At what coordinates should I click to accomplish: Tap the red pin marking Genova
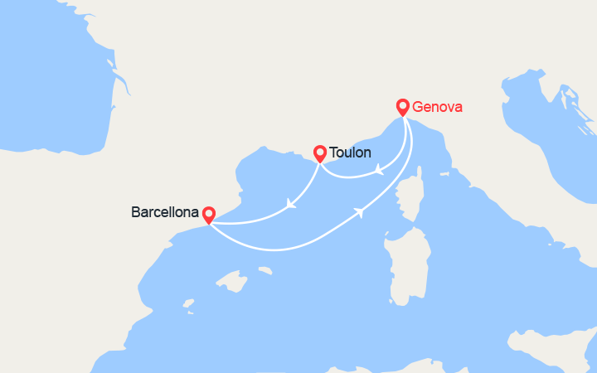tap(403, 107)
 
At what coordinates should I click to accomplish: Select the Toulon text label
tap(350, 153)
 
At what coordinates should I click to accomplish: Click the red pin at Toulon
tap(320, 153)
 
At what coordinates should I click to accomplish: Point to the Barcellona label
tap(165, 212)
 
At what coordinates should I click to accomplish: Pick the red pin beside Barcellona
tap(208, 215)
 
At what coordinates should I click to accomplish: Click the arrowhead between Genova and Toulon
tap(378, 170)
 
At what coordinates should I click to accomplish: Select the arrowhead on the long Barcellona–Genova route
tap(360, 212)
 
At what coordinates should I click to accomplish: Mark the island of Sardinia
tap(407, 265)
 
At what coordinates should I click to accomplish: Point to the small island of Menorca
tap(265, 270)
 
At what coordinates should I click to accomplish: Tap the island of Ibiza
tap(188, 304)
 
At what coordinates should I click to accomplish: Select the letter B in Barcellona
tap(136, 212)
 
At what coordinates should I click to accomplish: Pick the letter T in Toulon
tap(333, 153)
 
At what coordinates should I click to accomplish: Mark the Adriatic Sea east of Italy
tap(531, 166)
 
